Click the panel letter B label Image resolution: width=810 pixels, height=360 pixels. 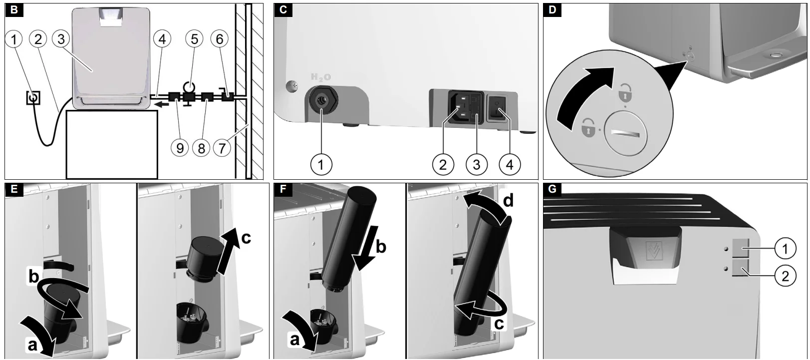(14, 10)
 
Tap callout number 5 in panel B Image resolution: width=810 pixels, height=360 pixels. (195, 39)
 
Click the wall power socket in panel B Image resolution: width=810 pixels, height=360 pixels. (33, 98)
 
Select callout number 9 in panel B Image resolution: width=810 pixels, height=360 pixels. (180, 148)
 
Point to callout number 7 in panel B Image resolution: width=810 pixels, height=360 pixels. (222, 148)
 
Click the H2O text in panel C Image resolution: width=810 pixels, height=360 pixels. (321, 77)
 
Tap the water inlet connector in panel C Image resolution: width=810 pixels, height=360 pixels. (321, 100)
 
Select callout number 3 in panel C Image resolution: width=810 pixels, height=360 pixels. (477, 165)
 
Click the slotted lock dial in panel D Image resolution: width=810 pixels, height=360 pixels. (625, 133)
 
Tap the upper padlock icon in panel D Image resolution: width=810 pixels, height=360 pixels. (625, 93)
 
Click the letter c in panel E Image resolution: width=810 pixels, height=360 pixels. (246, 238)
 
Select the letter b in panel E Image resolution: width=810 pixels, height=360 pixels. (33, 277)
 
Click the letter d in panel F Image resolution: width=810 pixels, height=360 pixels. (508, 200)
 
